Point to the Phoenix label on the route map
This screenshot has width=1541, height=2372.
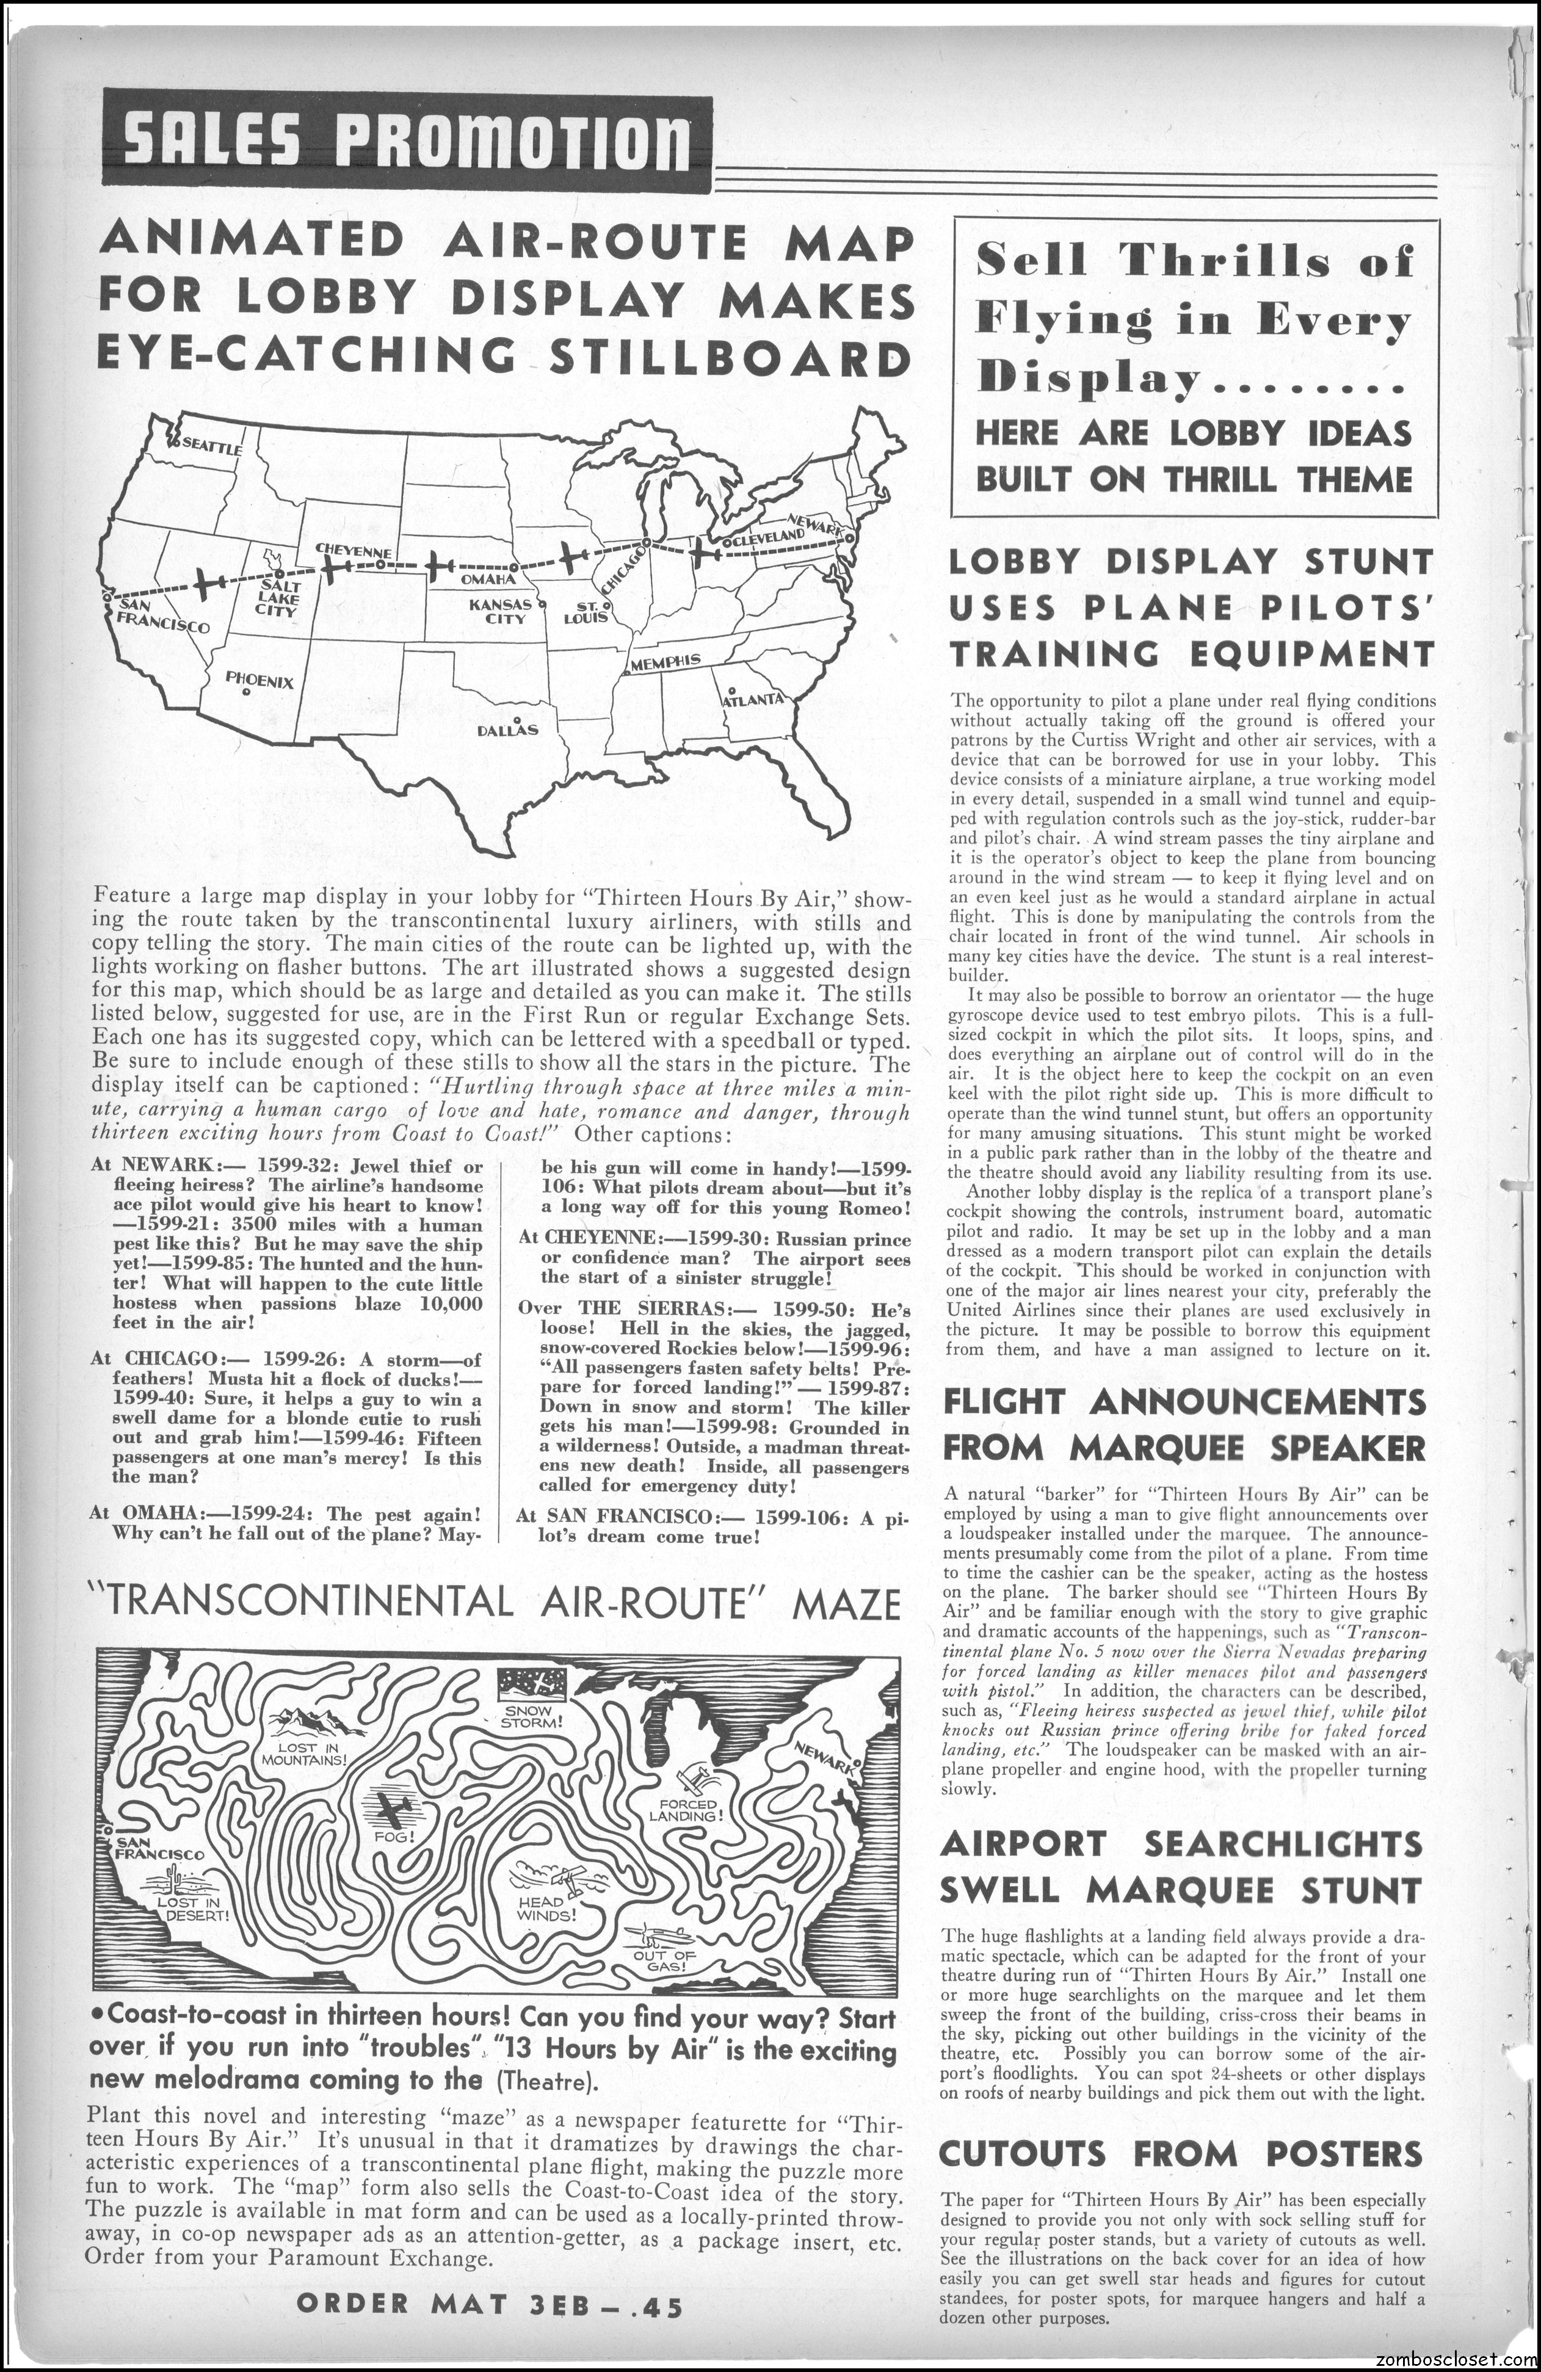coord(258,681)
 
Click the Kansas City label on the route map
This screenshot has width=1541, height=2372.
coord(498,611)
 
